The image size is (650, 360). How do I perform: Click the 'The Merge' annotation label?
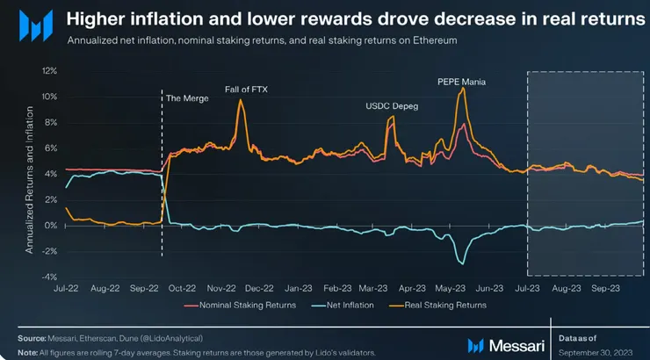point(187,97)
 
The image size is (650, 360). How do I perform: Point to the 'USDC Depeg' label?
point(392,107)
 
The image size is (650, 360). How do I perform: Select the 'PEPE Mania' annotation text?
point(462,82)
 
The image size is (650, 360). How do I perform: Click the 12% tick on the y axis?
point(49,70)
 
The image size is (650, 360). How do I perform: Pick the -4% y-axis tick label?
point(49,277)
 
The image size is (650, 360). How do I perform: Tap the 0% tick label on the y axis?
point(52,226)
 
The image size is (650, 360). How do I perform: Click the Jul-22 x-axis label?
point(68,287)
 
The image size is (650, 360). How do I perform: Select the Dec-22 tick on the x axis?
point(260,287)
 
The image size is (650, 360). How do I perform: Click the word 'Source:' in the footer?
point(31,338)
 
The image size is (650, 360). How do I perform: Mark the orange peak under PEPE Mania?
point(462,89)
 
